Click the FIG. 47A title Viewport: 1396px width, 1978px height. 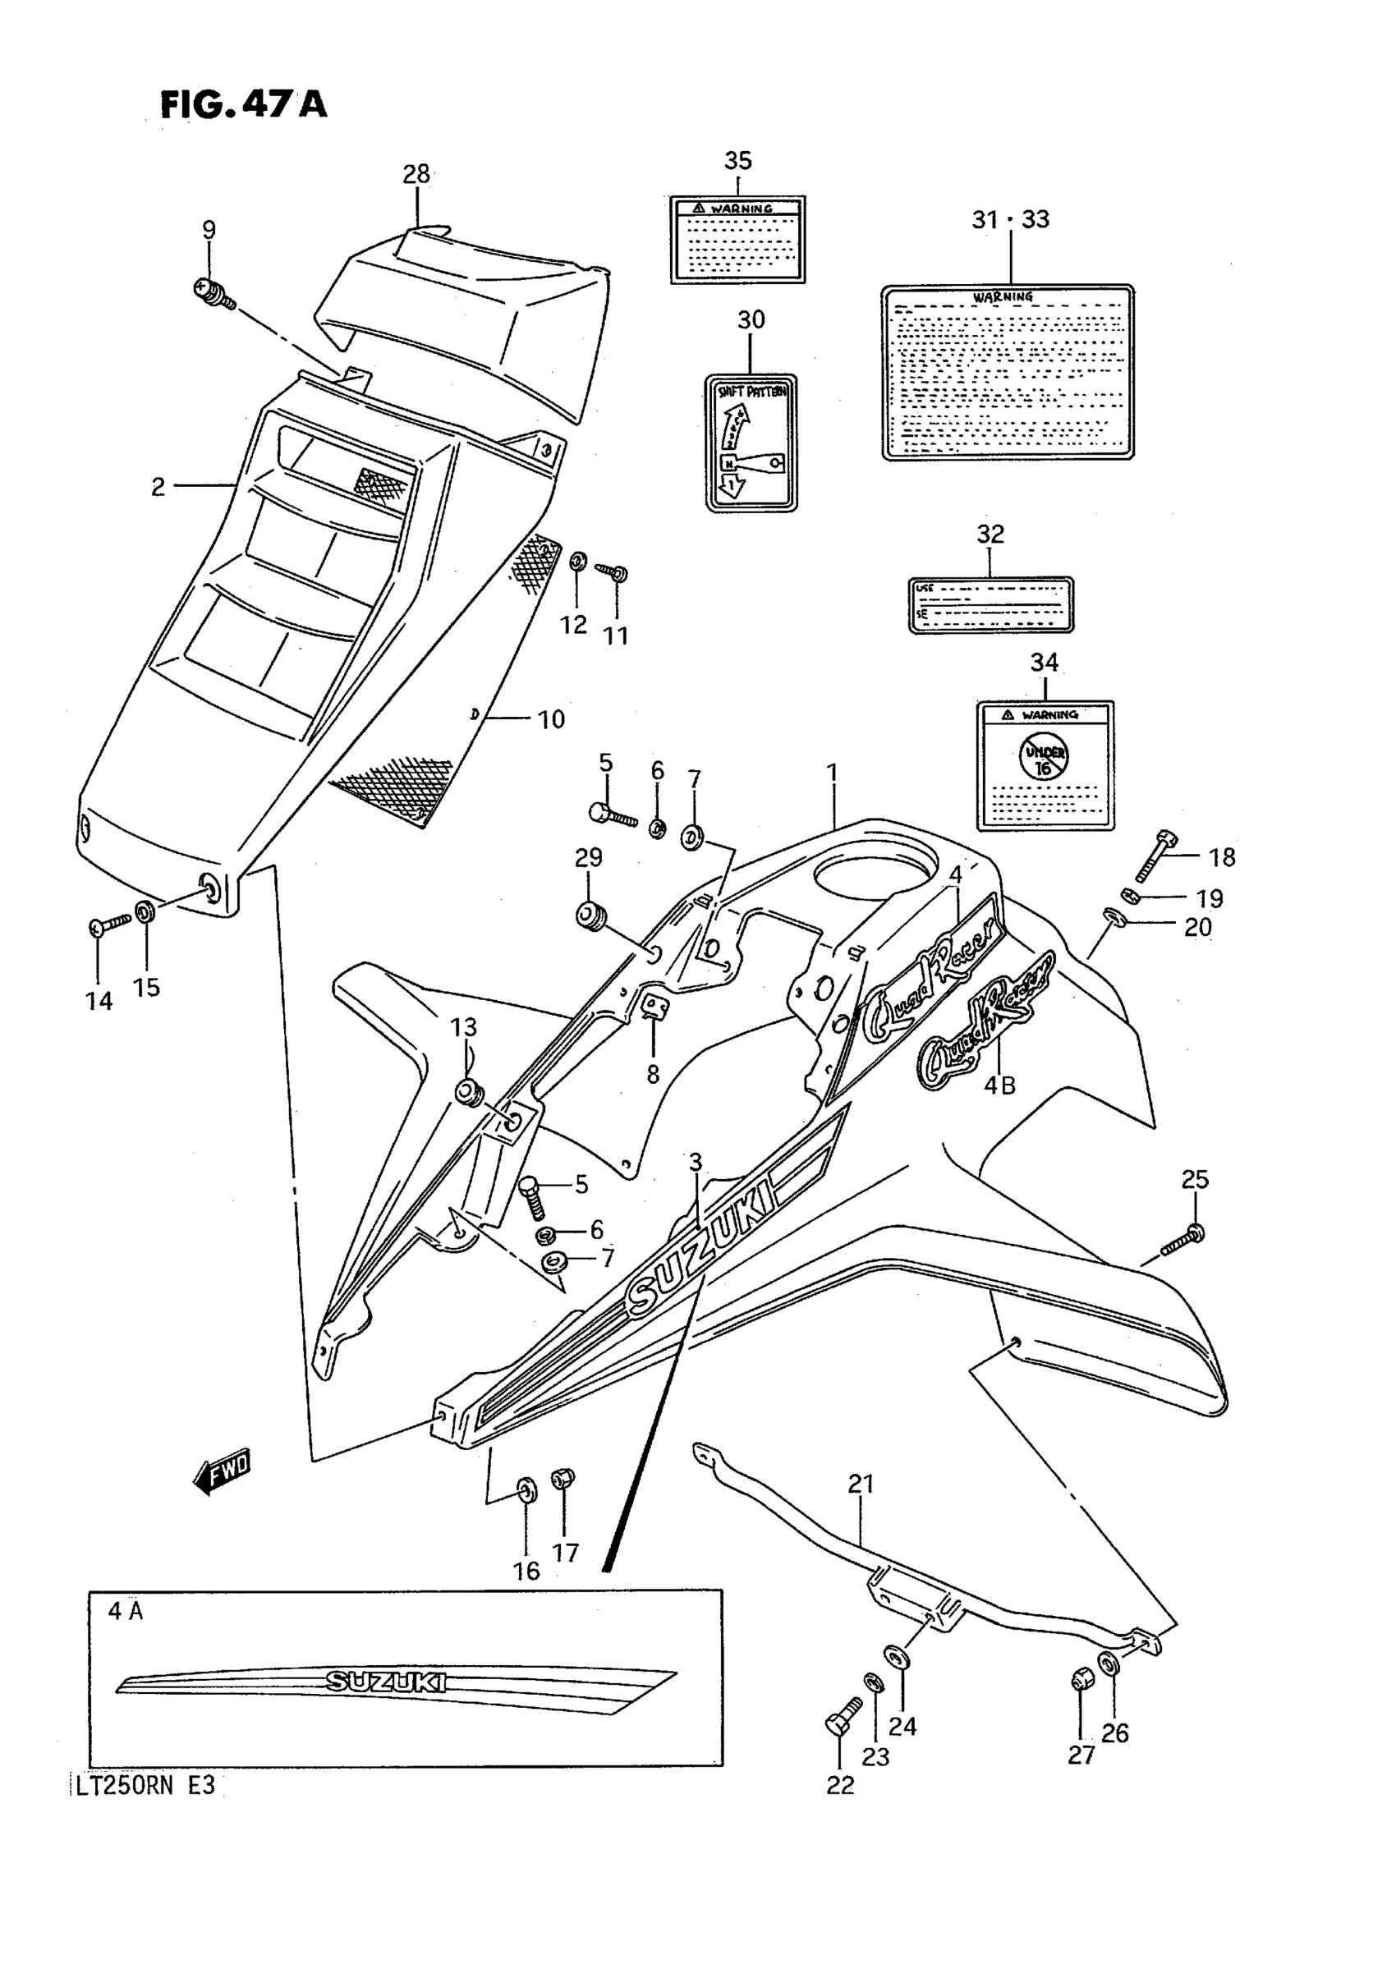[x=244, y=104]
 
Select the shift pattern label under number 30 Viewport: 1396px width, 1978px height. [x=751, y=443]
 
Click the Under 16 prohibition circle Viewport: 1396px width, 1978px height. [x=1045, y=755]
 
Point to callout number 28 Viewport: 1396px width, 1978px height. [x=416, y=175]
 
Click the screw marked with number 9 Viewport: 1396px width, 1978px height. [x=214, y=293]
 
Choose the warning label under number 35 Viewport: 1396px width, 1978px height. [x=737, y=240]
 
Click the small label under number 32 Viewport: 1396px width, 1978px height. [x=991, y=605]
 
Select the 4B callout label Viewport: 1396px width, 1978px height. [x=999, y=1086]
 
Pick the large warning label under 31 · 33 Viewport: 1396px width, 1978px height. [x=1008, y=372]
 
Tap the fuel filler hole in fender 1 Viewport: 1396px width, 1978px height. [x=875, y=870]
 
